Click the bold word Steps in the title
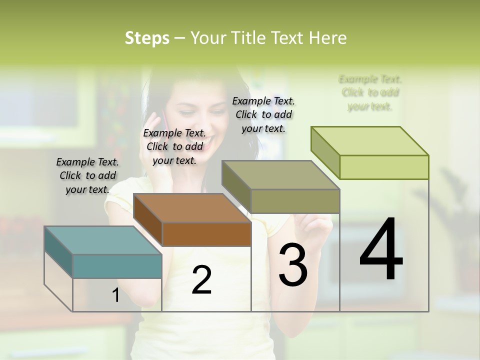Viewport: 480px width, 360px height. click(147, 38)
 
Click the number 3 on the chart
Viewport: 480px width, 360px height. click(293, 265)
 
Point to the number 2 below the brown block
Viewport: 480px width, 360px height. click(201, 280)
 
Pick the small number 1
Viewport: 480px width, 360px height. click(115, 295)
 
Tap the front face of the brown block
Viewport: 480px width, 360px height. click(206, 234)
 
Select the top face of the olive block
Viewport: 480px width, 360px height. click(280, 175)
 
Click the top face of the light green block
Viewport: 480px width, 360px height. click(369, 141)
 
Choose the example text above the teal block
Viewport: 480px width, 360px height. click(87, 175)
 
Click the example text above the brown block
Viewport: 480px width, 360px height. click(174, 146)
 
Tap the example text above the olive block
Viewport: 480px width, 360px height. click(263, 114)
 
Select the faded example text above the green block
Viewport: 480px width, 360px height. click(370, 92)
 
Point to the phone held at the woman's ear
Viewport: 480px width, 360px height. click(162, 120)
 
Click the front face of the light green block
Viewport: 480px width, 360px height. click(384, 167)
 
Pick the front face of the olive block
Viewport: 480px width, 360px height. click(295, 201)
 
